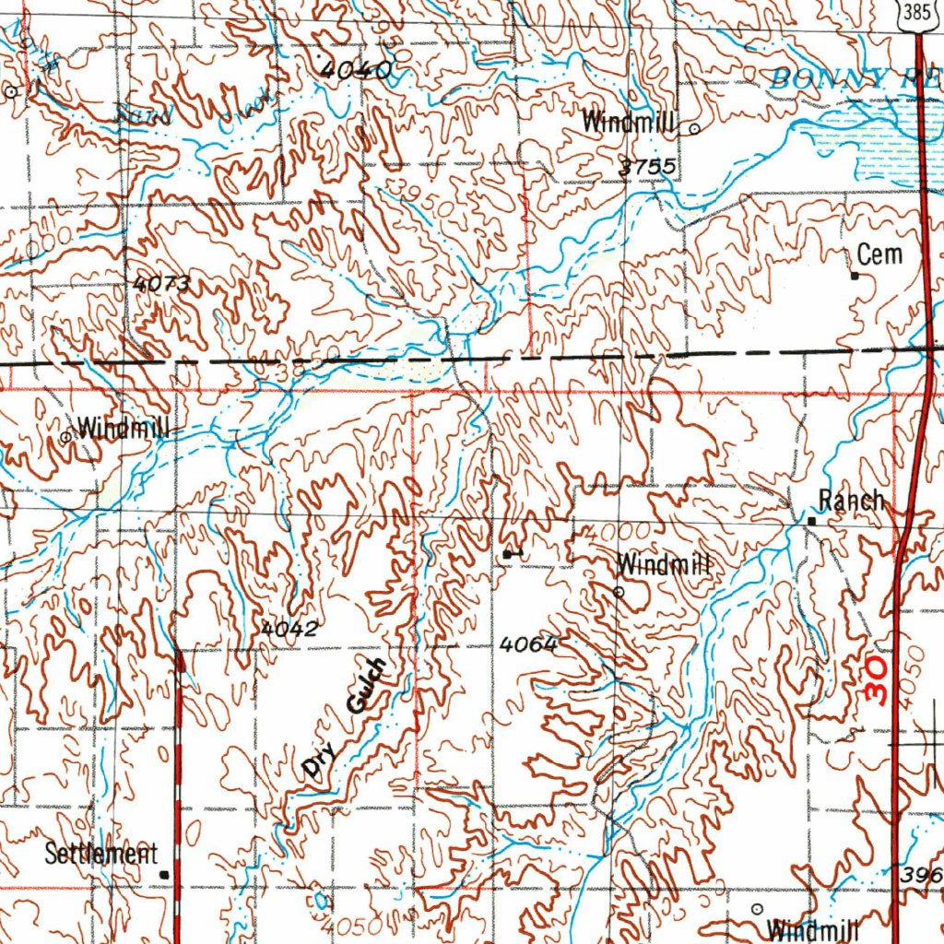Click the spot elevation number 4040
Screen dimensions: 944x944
[358, 68]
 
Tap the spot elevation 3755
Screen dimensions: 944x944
[650, 167]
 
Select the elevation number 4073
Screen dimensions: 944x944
[161, 285]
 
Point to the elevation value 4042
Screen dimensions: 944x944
[289, 629]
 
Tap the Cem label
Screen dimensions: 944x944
[879, 254]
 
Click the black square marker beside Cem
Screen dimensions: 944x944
[855, 275]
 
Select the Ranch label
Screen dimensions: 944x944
[851, 501]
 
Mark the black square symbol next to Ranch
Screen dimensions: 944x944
[812, 521]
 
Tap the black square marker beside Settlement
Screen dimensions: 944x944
[164, 873]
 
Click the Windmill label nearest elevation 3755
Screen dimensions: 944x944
[630, 122]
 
